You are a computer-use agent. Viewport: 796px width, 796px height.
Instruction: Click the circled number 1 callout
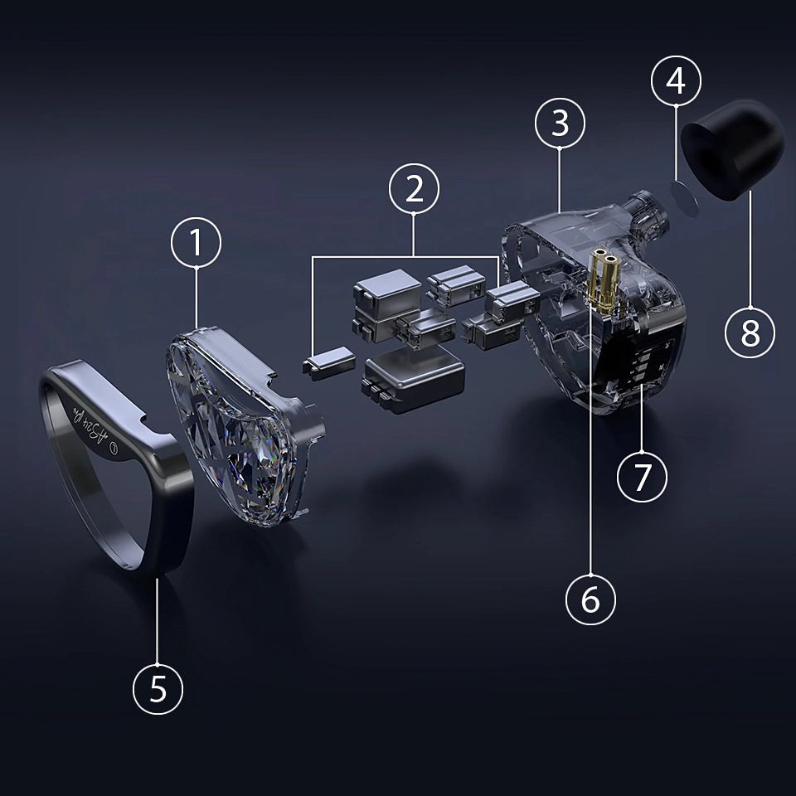(x=197, y=243)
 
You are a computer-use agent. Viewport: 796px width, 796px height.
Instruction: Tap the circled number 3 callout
(x=560, y=123)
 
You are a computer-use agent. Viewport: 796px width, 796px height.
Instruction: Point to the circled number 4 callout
(x=676, y=82)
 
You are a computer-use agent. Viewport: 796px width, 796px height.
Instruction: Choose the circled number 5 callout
(x=158, y=688)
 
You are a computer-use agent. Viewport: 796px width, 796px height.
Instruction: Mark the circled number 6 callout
(x=590, y=599)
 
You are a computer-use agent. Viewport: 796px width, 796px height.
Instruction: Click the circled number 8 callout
(x=750, y=333)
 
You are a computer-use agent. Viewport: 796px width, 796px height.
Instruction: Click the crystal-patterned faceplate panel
(x=240, y=431)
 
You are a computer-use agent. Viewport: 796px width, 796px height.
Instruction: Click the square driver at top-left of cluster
(x=387, y=290)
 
